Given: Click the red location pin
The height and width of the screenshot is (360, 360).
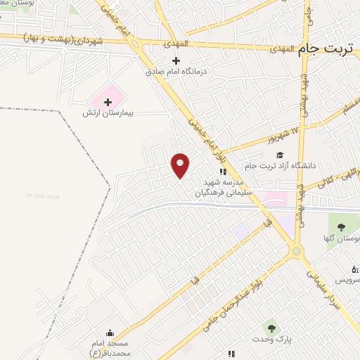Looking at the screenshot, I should tap(181, 165).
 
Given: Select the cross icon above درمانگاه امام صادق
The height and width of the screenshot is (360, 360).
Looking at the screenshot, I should tap(177, 60).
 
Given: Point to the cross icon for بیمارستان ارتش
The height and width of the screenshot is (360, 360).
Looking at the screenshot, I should tap(108, 103).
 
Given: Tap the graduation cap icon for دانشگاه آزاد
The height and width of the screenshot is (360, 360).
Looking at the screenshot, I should tap(280, 155).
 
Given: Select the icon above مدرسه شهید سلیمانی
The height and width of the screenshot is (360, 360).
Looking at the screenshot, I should tap(222, 171).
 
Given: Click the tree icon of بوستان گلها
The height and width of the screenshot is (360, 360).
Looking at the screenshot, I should tap(341, 227).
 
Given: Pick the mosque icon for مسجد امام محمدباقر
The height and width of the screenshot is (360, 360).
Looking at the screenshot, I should tap(110, 333).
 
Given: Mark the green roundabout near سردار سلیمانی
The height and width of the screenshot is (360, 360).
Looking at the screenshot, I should tap(297, 250).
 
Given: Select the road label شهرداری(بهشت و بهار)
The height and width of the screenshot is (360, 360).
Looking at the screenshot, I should tap(63, 37).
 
